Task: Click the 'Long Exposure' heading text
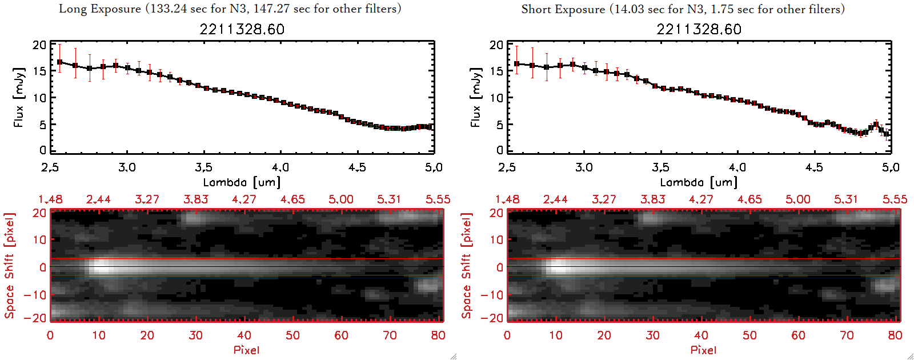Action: [x=100, y=9]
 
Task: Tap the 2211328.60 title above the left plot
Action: [x=242, y=29]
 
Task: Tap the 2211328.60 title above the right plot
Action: [x=699, y=29]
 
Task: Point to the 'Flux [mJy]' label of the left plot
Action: [x=19, y=97]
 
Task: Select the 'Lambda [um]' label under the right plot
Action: [x=699, y=182]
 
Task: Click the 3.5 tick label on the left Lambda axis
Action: [x=203, y=167]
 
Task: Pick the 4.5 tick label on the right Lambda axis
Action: [x=814, y=167]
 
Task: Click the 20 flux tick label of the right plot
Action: [x=496, y=45]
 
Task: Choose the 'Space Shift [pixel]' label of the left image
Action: [x=10, y=266]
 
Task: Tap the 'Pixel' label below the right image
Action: [x=703, y=350]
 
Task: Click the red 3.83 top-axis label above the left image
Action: [x=195, y=199]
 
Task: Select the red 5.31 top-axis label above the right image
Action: [x=846, y=199]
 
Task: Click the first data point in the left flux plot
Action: [x=59, y=62]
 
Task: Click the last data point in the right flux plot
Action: [x=887, y=135]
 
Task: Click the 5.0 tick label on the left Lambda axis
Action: [x=434, y=167]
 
